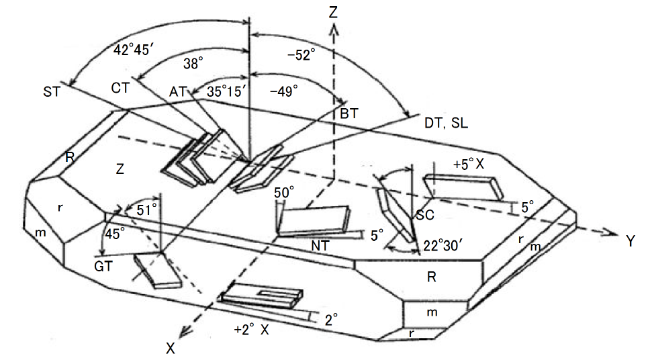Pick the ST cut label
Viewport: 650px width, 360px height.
(52, 91)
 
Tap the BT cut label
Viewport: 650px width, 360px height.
(349, 115)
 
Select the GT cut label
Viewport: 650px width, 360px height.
(103, 266)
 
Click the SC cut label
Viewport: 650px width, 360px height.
(424, 215)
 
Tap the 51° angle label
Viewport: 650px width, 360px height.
(148, 209)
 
